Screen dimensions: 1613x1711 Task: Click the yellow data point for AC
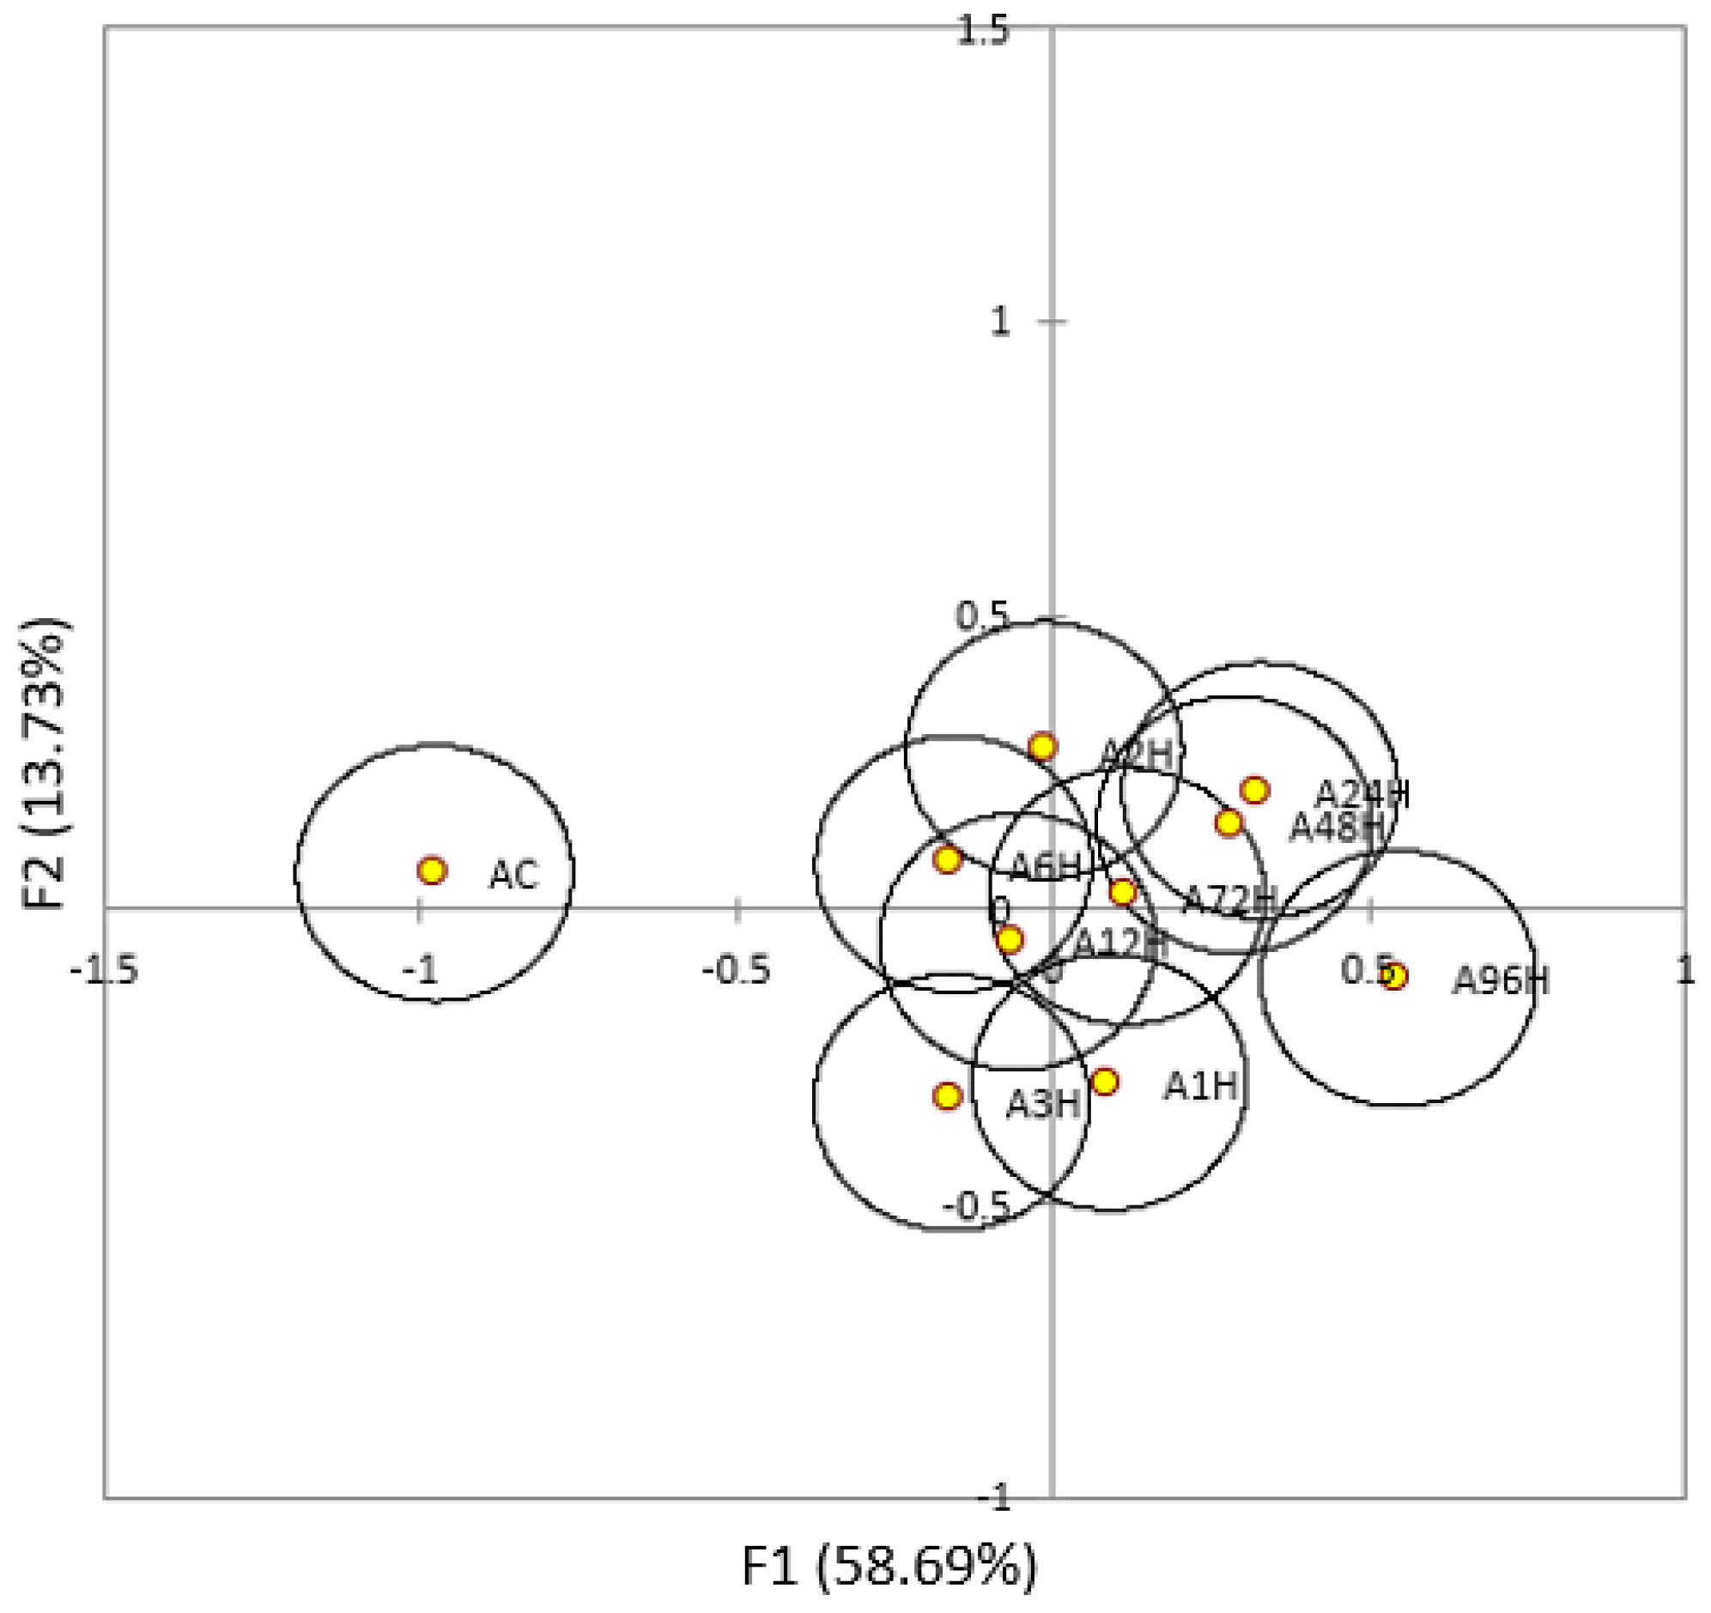(x=432, y=870)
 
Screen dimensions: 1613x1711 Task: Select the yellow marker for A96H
(x=1395, y=976)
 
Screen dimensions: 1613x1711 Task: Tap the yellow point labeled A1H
(x=1105, y=1082)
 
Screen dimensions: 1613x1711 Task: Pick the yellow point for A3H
(x=948, y=1095)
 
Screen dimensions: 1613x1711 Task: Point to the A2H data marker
(x=1042, y=746)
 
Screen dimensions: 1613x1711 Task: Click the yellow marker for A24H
(x=1255, y=789)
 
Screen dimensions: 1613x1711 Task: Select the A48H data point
(x=1229, y=823)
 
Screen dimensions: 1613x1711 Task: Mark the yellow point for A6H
(x=948, y=859)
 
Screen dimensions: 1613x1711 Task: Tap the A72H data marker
(x=1122, y=892)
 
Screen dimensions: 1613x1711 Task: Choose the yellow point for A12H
(x=1010, y=940)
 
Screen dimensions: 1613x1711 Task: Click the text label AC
(x=514, y=876)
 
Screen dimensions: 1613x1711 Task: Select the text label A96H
(x=1501, y=980)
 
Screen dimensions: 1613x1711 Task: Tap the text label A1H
(x=1202, y=1087)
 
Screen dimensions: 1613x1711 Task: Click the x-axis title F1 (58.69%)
(x=890, y=1568)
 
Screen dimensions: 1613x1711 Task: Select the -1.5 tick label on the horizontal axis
(x=104, y=971)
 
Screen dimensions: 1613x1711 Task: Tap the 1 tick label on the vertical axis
(x=999, y=323)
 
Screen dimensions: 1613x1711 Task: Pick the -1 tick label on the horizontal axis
(x=420, y=971)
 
